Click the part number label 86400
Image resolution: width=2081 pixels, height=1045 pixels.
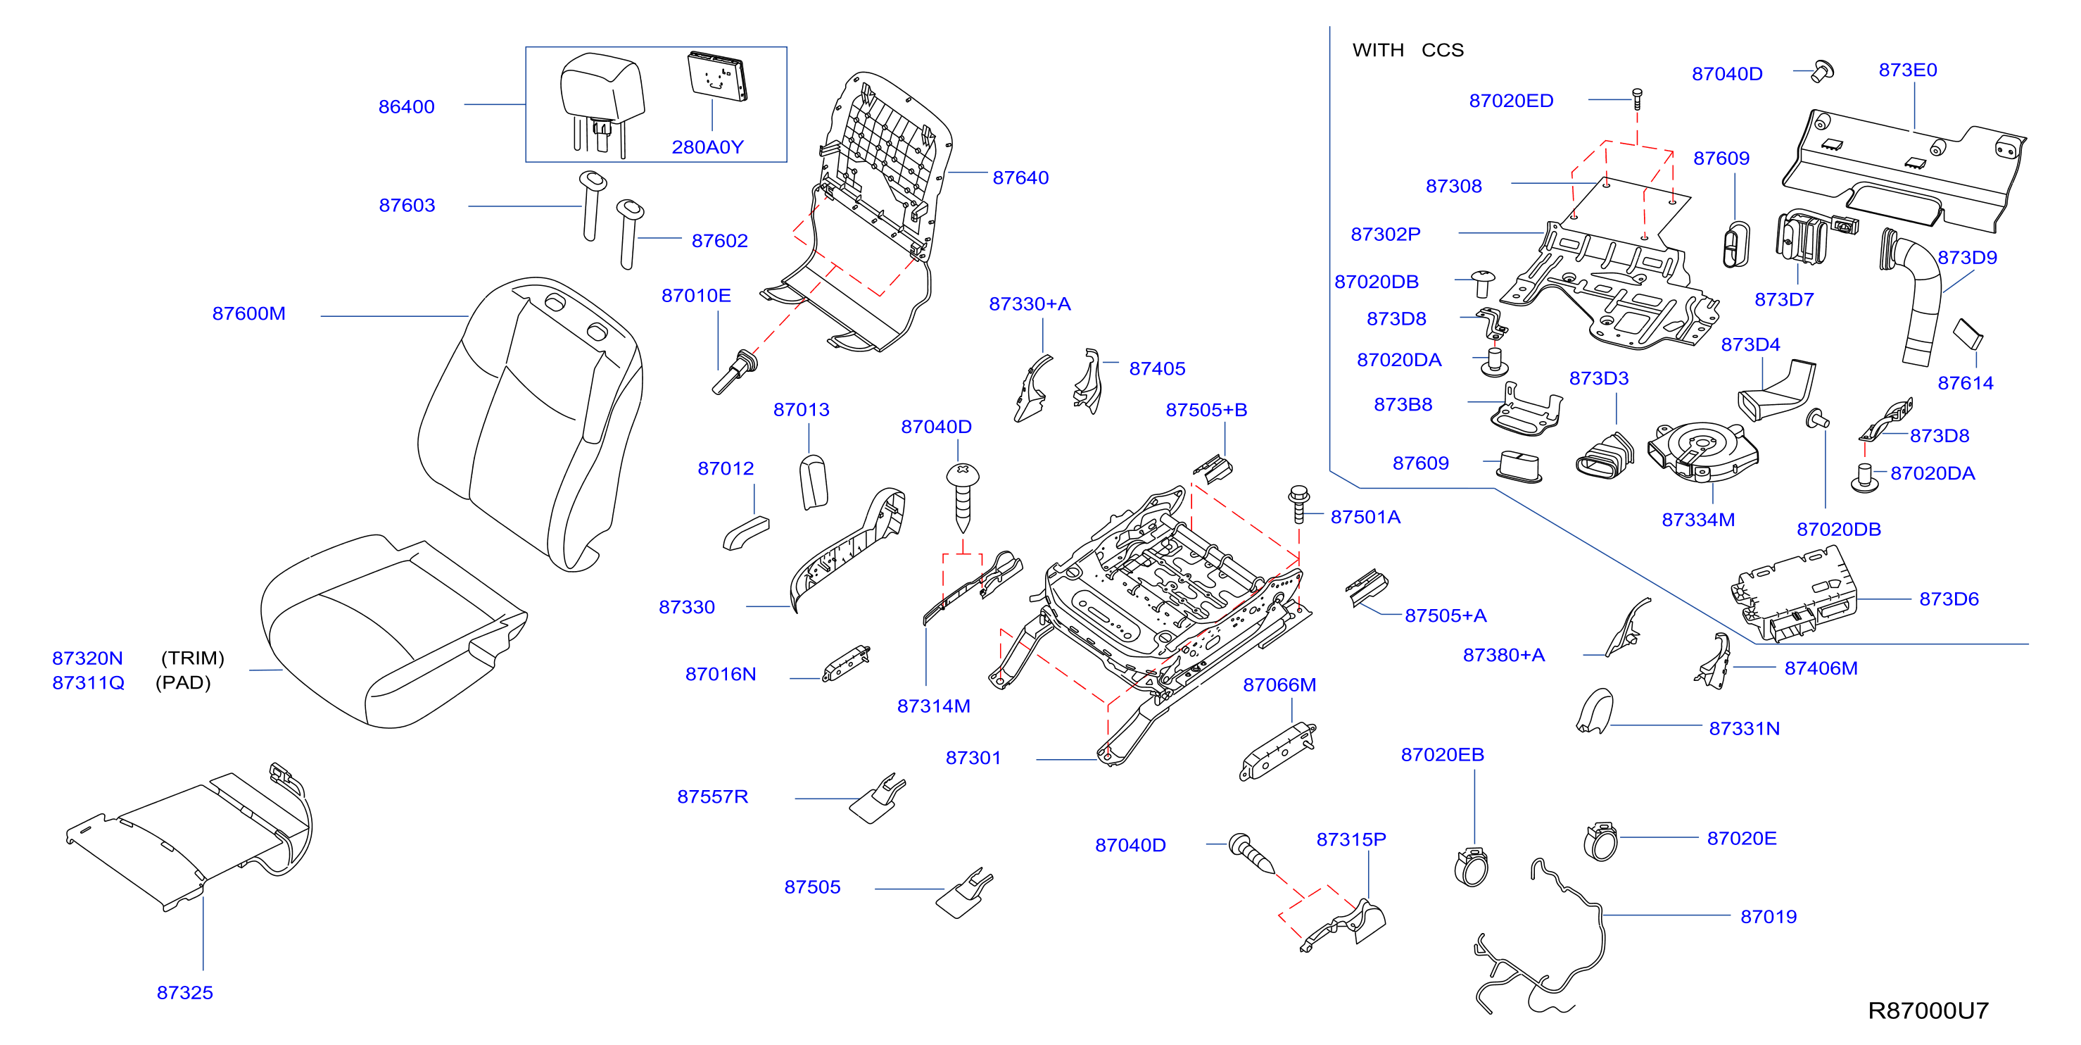(x=406, y=106)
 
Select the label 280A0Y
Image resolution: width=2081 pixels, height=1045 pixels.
(x=708, y=147)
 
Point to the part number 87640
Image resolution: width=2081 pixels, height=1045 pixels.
(x=1020, y=177)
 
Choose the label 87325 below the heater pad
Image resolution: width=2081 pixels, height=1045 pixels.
(x=185, y=992)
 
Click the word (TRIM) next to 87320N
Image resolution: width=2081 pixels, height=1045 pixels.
(x=192, y=658)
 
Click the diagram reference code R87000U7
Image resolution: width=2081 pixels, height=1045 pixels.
(x=1928, y=1010)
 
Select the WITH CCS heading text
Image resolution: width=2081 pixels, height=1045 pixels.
(x=1408, y=50)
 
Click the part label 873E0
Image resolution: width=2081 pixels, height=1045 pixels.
(x=1908, y=70)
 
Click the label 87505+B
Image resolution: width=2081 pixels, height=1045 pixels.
(x=1206, y=410)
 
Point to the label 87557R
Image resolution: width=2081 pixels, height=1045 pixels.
(x=712, y=797)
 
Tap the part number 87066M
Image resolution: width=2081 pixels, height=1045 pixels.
(x=1279, y=685)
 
